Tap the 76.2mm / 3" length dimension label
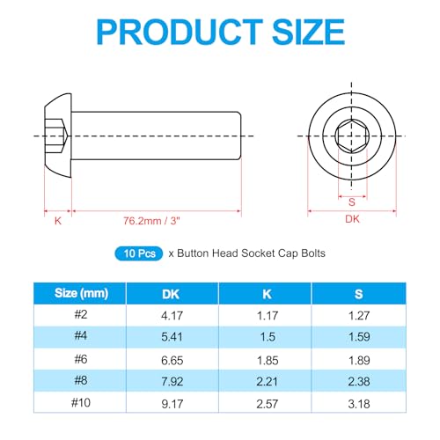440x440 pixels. point(156,222)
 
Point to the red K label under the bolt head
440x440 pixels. point(57,222)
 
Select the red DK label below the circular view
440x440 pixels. point(351,221)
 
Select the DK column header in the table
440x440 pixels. point(171,294)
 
